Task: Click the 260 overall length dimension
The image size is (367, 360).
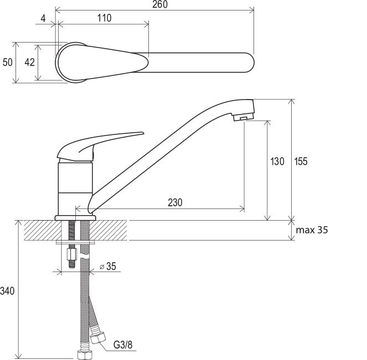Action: tap(160, 4)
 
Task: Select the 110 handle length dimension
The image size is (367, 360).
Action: tap(104, 18)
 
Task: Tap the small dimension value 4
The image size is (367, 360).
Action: tap(43, 18)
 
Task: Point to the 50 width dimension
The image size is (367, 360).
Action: tap(8, 62)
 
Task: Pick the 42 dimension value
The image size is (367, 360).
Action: tap(29, 62)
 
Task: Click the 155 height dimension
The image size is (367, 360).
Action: tap(301, 161)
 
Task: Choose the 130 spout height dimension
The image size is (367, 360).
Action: tap(277, 161)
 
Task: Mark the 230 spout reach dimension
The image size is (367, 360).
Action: tap(175, 202)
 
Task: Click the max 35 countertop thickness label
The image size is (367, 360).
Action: tap(312, 230)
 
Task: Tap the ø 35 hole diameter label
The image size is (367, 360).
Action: tap(108, 266)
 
